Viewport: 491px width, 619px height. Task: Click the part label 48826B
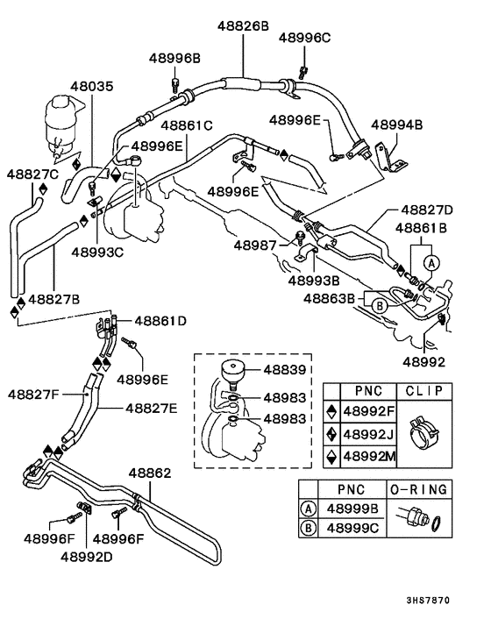tap(243, 26)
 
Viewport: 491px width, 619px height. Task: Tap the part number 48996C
tap(305, 38)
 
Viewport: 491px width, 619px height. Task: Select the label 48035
tap(92, 87)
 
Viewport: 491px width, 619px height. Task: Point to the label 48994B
tap(396, 125)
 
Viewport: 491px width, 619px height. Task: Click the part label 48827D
tap(427, 210)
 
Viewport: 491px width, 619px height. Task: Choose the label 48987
tap(255, 245)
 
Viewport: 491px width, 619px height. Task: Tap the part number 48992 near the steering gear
tap(423, 362)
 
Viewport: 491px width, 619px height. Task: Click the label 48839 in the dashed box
tap(285, 370)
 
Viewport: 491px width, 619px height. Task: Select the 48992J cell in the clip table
tap(368, 434)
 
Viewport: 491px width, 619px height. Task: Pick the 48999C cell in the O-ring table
tap(352, 528)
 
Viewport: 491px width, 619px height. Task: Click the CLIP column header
tap(424, 391)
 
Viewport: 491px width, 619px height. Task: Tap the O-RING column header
tap(419, 490)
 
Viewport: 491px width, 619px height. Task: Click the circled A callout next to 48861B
tap(431, 263)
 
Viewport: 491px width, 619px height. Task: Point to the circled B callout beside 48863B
tap(380, 305)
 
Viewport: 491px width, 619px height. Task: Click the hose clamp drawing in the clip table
tap(424, 434)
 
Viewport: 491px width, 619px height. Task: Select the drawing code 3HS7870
tap(428, 601)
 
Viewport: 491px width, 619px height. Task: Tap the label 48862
tap(150, 473)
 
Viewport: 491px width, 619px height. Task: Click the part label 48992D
tap(87, 557)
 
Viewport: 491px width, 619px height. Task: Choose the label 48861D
tap(160, 321)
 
